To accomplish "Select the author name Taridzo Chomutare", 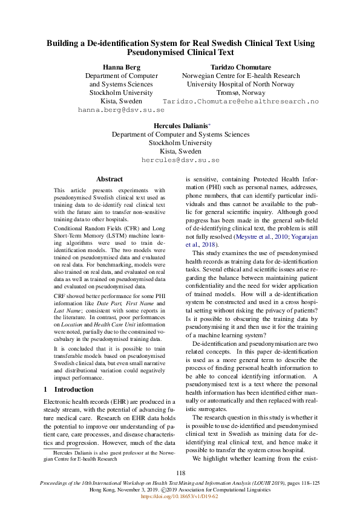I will coord(240,66).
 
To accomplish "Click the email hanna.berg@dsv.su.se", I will coord(122,111).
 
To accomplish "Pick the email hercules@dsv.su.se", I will coord(180,161).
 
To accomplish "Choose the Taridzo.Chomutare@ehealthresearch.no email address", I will coord(240,102).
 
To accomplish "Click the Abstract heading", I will coord(110,180).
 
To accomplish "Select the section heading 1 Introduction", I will coord(69,389).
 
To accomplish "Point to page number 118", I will coord(180,473).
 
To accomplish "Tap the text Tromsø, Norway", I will coord(240,93).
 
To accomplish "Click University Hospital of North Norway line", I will coord(240,85).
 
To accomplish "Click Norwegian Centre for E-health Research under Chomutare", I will coord(240,76).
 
